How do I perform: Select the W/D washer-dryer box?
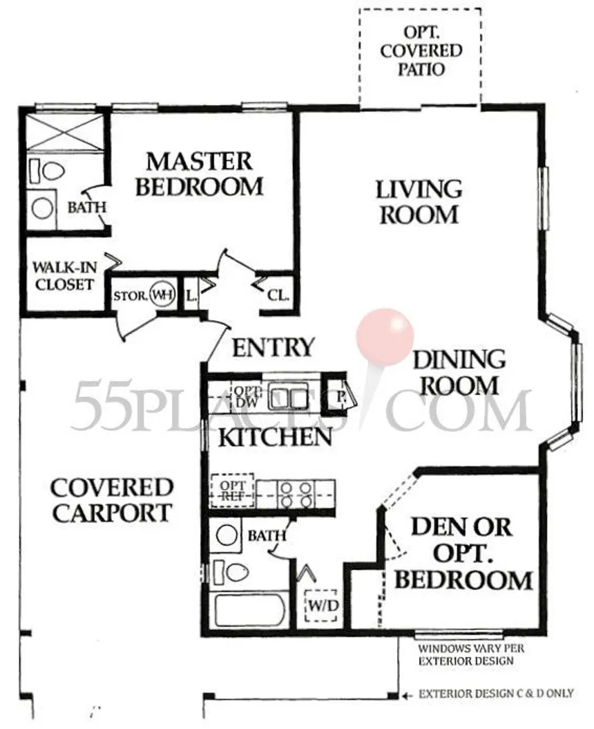321,605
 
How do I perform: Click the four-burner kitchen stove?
296,495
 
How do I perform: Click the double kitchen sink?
289,396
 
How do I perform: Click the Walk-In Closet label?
64,276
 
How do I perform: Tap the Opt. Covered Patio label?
421,50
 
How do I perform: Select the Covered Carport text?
111,500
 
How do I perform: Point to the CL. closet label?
278,295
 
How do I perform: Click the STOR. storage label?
131,295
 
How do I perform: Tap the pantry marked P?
341,396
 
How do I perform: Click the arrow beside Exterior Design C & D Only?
408,696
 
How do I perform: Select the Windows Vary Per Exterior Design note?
471,654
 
